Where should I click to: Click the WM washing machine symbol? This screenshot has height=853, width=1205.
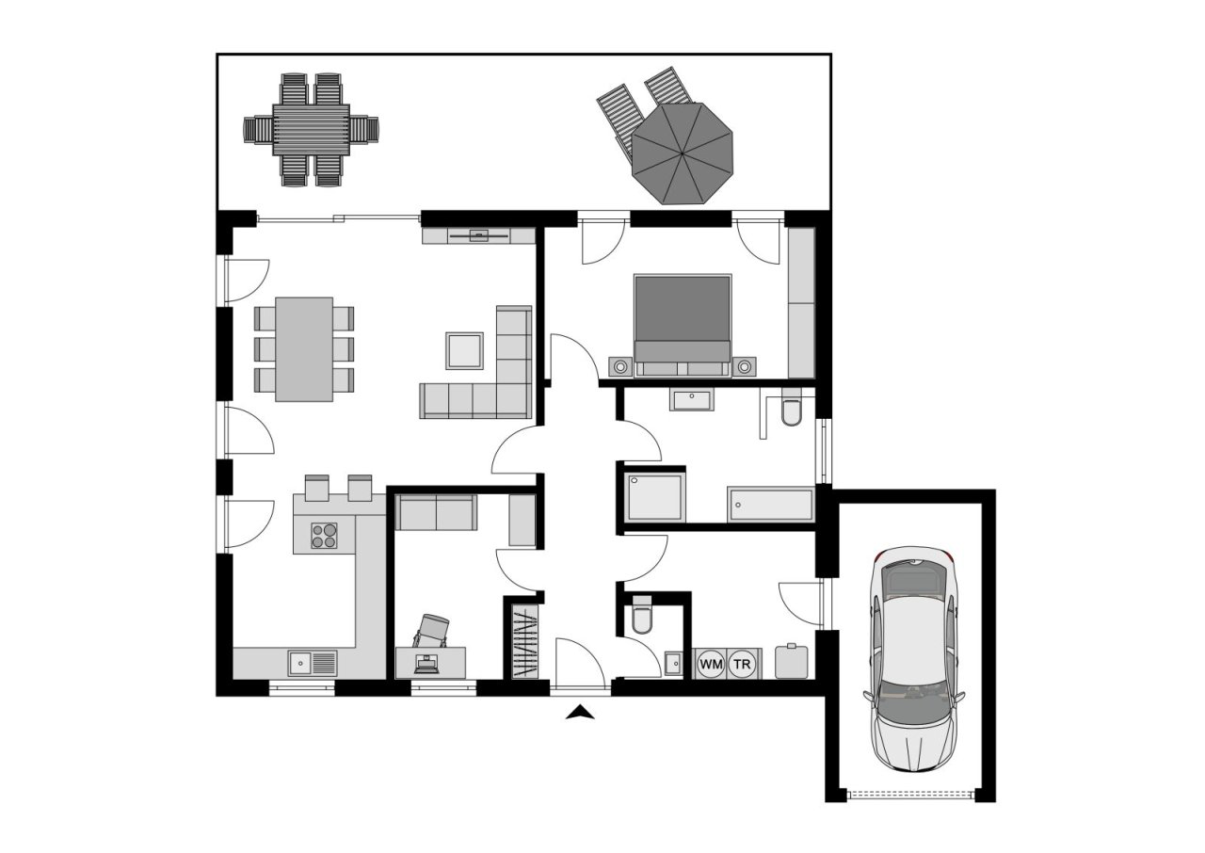tap(711, 664)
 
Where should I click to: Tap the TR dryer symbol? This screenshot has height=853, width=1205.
tap(743, 664)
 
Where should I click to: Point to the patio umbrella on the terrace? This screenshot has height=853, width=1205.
tap(682, 152)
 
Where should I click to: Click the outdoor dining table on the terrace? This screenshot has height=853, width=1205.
tap(311, 129)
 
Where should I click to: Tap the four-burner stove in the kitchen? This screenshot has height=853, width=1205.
tap(325, 535)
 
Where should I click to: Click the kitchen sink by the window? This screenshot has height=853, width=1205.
tap(312, 663)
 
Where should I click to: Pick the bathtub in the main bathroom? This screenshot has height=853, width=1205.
tap(769, 504)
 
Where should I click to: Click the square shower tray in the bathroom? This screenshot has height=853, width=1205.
tap(653, 497)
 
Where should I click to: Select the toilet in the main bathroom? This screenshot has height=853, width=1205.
tap(790, 411)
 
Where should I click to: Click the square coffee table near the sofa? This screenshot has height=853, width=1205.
tap(465, 350)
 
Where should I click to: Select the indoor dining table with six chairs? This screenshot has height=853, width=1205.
tap(304, 349)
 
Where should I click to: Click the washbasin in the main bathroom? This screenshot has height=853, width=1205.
tap(693, 400)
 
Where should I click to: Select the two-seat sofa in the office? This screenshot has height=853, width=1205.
tap(436, 512)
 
